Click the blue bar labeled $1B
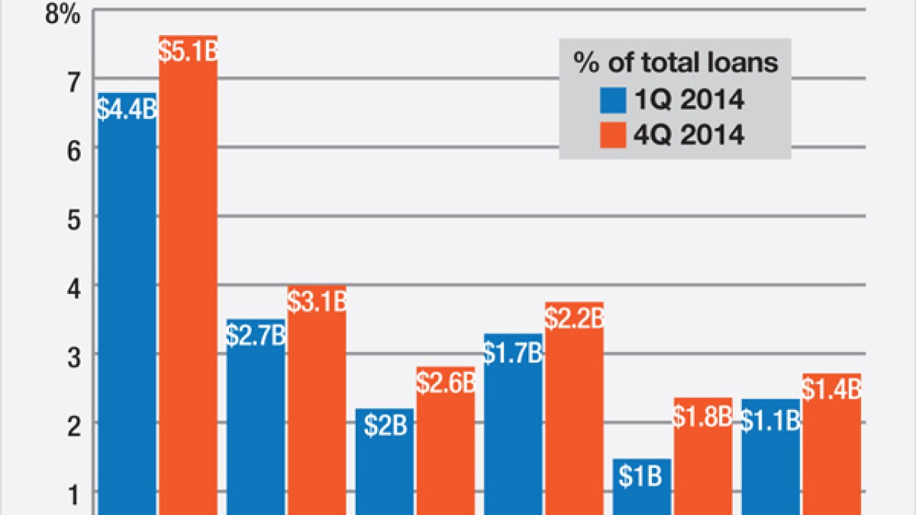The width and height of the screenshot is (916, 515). [642, 494]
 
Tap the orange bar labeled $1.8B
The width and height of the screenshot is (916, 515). [703, 465]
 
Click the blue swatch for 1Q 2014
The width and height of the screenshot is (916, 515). [611, 99]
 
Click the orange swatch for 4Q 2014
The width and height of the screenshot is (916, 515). [611, 134]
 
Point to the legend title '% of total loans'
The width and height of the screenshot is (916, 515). [676, 63]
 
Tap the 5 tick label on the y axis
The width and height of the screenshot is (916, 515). [71, 217]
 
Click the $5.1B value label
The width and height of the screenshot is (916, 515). [187, 52]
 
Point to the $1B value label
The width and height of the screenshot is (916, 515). [642, 476]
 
